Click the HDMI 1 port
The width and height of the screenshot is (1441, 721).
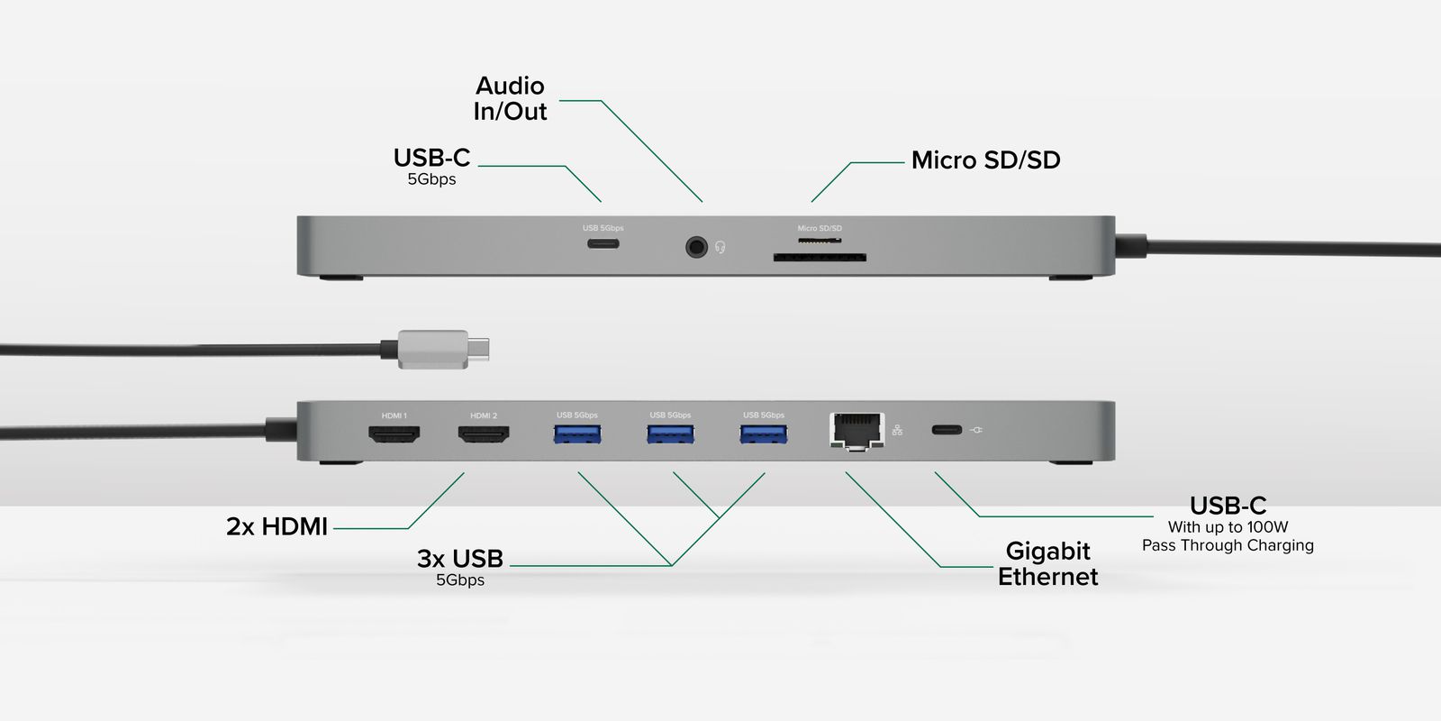(394, 434)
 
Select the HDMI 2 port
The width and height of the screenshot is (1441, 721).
(484, 434)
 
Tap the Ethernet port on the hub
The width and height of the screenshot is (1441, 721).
(856, 430)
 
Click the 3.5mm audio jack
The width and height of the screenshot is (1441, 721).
(696, 246)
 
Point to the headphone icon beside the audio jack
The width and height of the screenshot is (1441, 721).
(720, 247)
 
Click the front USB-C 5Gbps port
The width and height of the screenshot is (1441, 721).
(603, 243)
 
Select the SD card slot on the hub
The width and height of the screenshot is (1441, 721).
(820, 258)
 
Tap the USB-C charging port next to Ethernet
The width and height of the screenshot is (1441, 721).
(947, 430)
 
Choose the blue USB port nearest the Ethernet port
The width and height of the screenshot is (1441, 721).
(764, 434)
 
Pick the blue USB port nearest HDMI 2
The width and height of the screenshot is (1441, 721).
(577, 434)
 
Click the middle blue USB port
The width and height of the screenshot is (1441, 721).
(670, 434)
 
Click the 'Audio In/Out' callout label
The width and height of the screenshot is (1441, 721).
(511, 98)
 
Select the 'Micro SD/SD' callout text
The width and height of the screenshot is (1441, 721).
(985, 160)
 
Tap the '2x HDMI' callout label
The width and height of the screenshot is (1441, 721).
(276, 526)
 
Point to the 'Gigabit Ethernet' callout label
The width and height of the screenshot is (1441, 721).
(1047, 563)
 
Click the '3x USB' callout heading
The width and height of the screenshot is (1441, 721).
(460, 559)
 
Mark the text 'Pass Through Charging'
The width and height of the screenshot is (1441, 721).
(1228, 545)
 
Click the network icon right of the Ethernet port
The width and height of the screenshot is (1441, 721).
(897, 430)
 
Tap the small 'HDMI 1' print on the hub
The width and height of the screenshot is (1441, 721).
(394, 415)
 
